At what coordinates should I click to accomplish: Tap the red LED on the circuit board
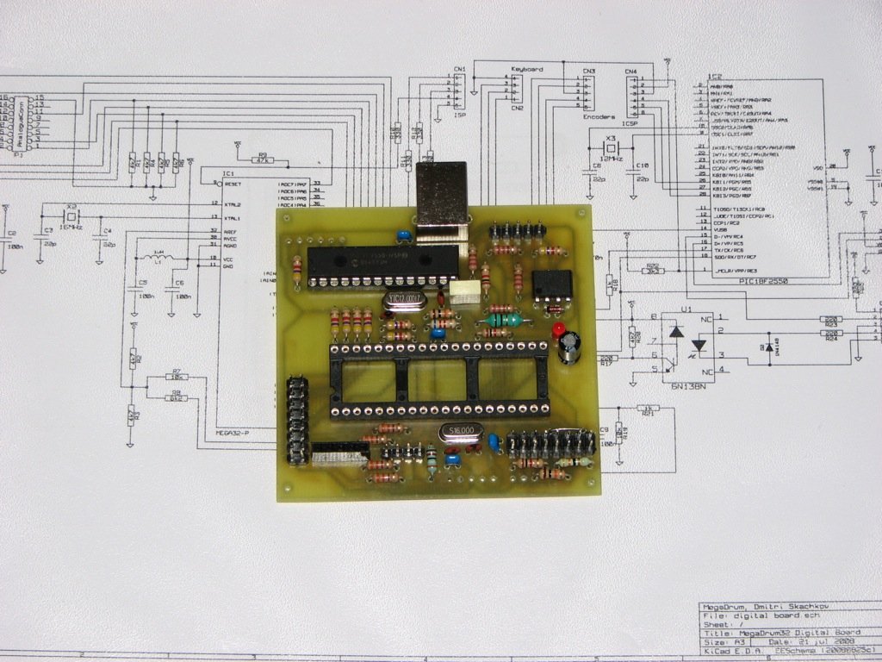pos(558,330)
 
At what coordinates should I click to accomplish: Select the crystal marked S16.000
pos(460,433)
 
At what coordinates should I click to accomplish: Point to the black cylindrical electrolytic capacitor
pos(570,347)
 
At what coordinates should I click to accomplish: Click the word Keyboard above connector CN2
pos(526,68)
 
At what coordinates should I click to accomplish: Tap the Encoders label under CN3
pos(599,116)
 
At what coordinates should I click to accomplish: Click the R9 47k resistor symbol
pos(263,160)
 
